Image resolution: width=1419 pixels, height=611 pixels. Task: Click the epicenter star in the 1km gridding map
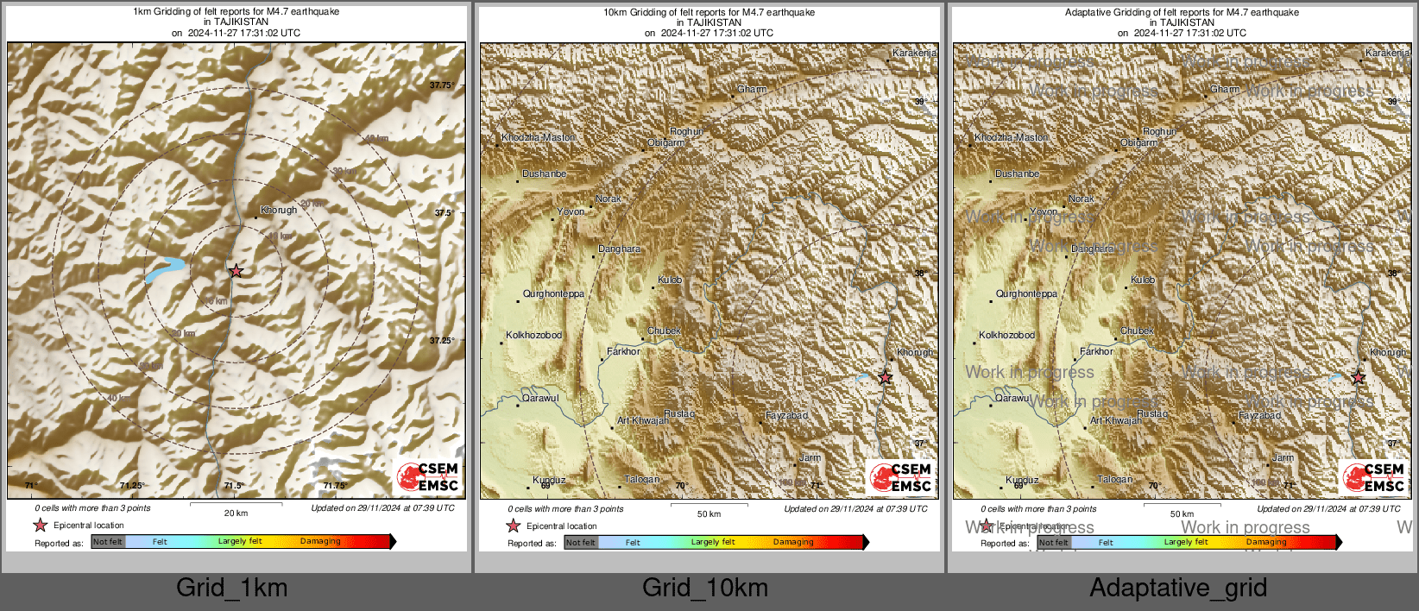tap(236, 271)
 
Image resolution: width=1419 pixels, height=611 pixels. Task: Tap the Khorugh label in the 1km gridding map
tap(279, 210)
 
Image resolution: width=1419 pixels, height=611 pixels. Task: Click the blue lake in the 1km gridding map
tap(165, 269)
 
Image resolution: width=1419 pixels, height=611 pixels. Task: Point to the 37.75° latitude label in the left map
tap(442, 85)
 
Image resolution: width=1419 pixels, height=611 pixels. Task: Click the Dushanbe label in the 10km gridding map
tap(545, 174)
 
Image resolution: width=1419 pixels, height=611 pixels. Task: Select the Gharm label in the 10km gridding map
tap(752, 90)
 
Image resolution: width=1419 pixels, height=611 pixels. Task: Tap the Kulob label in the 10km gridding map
tap(670, 280)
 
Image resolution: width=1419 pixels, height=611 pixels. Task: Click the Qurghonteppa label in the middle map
tap(553, 294)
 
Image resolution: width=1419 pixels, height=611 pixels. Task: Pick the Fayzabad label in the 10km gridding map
tap(787, 416)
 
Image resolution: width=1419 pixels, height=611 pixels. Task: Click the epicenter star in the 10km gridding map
tap(885, 377)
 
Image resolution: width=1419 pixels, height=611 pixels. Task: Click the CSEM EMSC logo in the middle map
tap(900, 477)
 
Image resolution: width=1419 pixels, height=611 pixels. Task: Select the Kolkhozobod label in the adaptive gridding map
tap(1006, 335)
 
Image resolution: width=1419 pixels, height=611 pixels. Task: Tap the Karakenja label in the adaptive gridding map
tap(1387, 54)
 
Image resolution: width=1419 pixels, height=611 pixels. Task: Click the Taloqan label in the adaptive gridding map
tap(1115, 479)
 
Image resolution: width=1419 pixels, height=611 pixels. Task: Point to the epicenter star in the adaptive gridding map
tap(1358, 377)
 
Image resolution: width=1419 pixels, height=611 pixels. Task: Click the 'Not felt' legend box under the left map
tap(108, 542)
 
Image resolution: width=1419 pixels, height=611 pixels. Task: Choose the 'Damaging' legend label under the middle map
tap(793, 542)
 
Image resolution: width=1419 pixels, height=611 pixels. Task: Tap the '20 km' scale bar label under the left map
tap(236, 513)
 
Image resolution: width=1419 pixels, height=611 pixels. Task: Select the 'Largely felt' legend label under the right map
tap(1186, 542)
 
